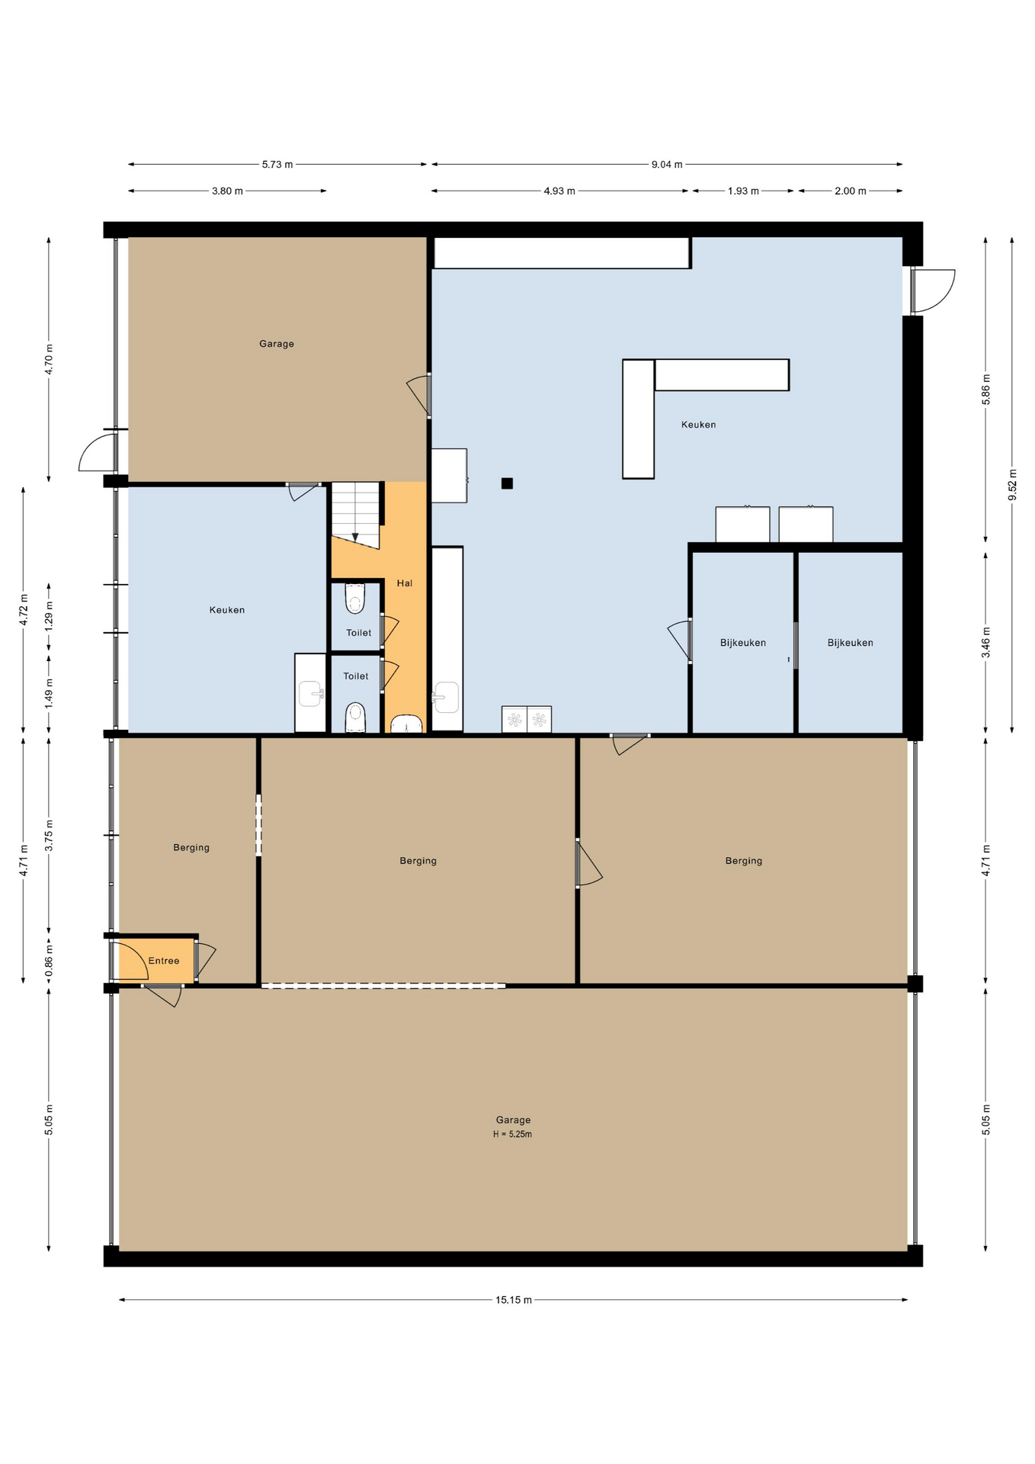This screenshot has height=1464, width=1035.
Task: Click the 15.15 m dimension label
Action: tap(514, 1300)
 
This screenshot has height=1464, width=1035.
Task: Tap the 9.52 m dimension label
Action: tap(1012, 485)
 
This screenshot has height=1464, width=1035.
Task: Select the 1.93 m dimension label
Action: tap(743, 191)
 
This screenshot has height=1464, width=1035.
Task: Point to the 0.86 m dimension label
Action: tap(49, 960)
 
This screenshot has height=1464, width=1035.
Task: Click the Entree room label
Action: tap(164, 961)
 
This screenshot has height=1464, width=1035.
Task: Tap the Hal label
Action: tap(405, 583)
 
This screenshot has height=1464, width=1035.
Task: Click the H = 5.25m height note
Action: tap(512, 1134)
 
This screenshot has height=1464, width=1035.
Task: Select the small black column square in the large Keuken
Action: tap(507, 483)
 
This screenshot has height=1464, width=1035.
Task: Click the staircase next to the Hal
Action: tap(355, 515)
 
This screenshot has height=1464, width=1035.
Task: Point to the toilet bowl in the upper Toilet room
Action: tap(356, 599)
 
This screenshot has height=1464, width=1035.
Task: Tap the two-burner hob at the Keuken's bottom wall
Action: tap(527, 719)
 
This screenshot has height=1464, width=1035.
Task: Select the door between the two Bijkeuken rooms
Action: tap(796, 645)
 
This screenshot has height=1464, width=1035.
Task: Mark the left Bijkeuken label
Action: tap(743, 643)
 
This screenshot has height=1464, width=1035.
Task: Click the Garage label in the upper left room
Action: tap(277, 344)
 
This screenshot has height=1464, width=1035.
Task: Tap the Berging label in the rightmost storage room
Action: tap(744, 861)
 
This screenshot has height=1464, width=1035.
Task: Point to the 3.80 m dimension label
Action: tap(227, 191)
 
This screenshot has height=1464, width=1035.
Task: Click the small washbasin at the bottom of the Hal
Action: tap(407, 724)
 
